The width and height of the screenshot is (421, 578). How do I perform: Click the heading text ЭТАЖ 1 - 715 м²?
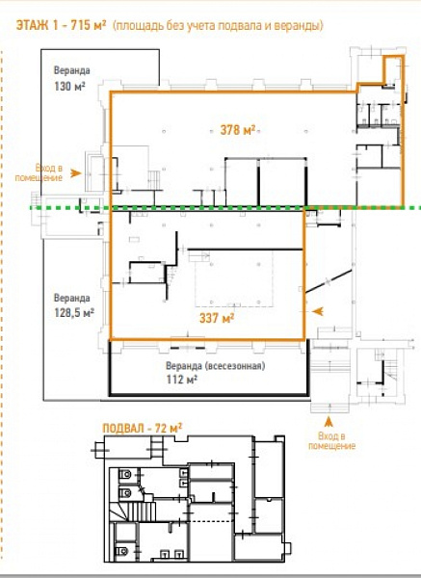[62, 25]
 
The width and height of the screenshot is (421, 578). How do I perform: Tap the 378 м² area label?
[238, 129]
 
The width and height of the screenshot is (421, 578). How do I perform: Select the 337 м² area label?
[217, 317]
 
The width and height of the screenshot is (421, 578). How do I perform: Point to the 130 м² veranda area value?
[69, 86]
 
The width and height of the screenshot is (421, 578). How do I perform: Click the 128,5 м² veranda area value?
[74, 312]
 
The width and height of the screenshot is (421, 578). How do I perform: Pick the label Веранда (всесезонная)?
[215, 366]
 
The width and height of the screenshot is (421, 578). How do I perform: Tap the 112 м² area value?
[181, 379]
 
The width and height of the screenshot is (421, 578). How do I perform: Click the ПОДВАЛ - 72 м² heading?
[142, 429]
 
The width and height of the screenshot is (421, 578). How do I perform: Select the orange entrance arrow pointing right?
[75, 172]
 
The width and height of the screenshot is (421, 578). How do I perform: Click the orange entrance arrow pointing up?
[329, 421]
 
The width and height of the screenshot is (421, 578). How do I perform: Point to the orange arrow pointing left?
[318, 311]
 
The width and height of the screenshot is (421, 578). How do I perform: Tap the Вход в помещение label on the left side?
[39, 172]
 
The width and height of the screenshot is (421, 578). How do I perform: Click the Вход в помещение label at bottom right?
[331, 441]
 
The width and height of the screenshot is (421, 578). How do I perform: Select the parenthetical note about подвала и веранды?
[218, 25]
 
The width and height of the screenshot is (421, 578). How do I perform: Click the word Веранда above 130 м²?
[72, 70]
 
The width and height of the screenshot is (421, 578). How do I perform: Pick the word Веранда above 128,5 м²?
[72, 298]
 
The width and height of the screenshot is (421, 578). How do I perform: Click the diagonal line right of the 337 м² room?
[329, 281]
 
